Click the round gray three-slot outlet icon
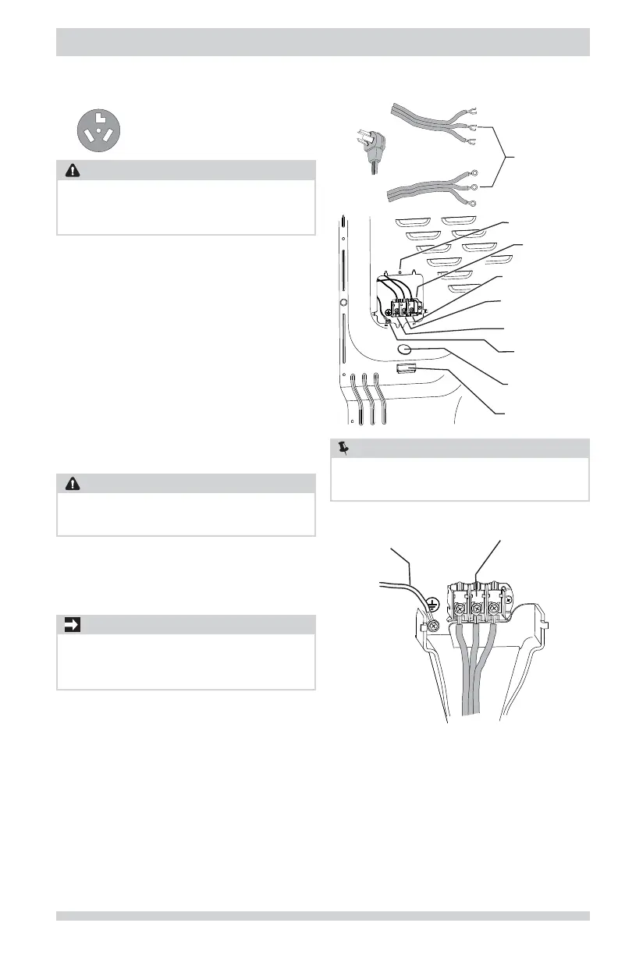98,130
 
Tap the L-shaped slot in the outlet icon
98,119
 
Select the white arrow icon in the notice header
71,624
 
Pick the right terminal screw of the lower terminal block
493,606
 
